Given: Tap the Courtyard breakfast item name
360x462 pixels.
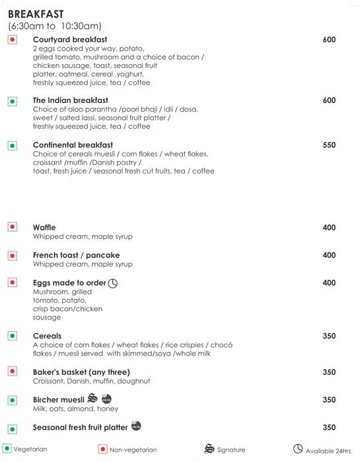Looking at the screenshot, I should [70, 40].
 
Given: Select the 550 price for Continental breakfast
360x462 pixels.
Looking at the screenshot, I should [329, 145].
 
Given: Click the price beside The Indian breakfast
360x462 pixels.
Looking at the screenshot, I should [329, 100].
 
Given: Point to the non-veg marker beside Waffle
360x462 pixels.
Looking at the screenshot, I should [12, 227].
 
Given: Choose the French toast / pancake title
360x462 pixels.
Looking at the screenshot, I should [76, 255].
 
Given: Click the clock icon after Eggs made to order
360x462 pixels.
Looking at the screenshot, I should [112, 283].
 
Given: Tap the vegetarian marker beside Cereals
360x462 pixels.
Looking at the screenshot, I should [12, 336].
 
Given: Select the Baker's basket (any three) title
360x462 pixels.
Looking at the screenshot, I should [81, 372].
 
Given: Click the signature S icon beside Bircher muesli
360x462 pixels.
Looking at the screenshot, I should [92, 399].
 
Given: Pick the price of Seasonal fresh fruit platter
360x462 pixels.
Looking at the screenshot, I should [329, 427].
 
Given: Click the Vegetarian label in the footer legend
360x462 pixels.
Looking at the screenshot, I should [30, 449].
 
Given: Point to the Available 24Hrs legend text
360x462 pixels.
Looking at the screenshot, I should [328, 450].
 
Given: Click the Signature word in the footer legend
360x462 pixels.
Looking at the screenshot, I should [230, 450].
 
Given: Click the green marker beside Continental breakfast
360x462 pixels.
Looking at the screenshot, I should [12, 145].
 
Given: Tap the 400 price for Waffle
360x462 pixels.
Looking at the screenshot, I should [329, 228].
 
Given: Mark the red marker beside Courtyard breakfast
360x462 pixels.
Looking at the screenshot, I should [12, 40].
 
